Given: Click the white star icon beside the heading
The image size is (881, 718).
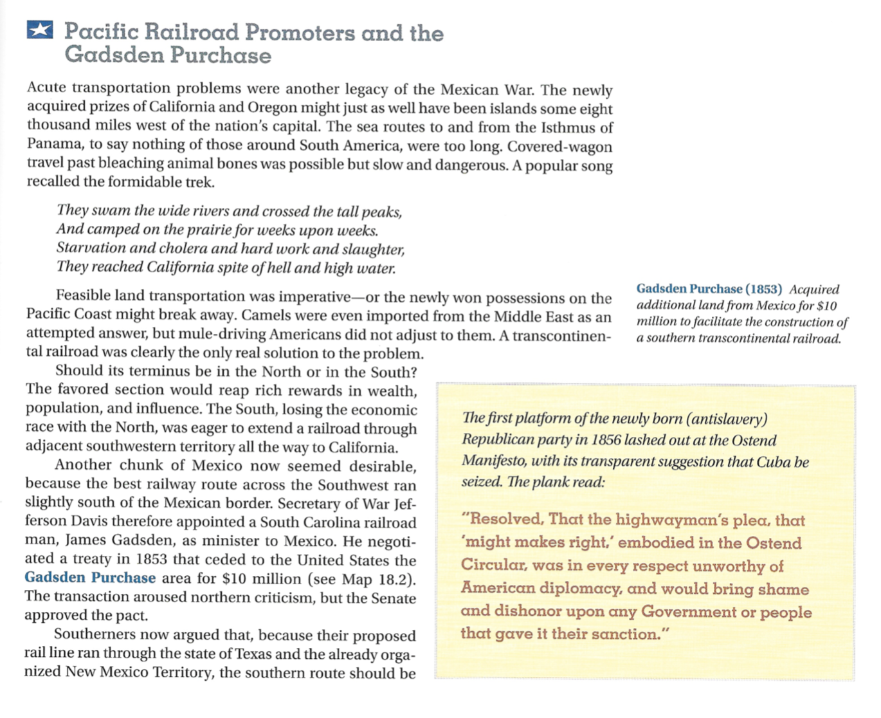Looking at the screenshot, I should (x=40, y=30).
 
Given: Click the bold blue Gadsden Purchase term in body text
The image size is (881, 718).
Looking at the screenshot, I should (x=90, y=578).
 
